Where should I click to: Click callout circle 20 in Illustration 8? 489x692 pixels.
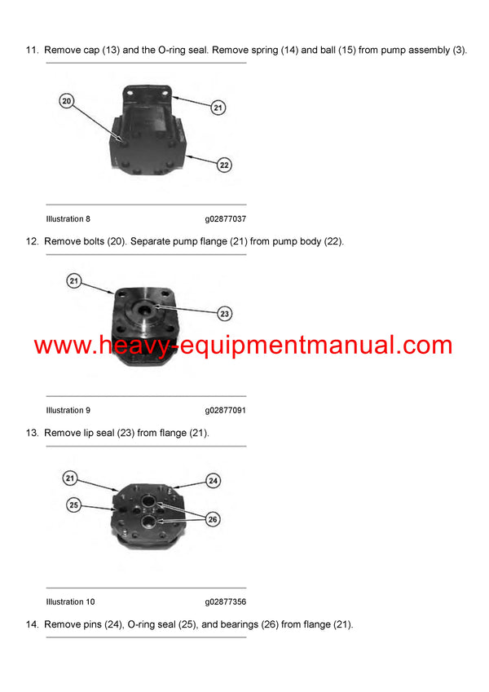[x=67, y=101]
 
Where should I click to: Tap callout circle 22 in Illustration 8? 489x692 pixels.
[x=225, y=165]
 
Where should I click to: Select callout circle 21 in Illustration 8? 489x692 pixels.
[x=218, y=107]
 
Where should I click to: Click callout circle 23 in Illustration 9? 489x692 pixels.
[x=225, y=313]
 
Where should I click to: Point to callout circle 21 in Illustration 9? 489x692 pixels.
[x=74, y=281]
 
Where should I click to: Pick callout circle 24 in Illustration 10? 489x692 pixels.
[x=213, y=481]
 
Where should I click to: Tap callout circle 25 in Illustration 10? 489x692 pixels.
[x=74, y=505]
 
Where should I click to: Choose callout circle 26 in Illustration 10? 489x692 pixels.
[x=214, y=518]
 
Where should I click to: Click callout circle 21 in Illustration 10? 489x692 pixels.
[x=71, y=478]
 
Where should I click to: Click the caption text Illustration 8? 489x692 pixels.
[x=68, y=219]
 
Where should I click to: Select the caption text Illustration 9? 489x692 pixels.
[x=68, y=411]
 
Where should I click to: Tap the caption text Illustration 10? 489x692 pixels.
[x=70, y=602]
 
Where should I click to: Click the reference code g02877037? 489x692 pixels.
[x=226, y=219]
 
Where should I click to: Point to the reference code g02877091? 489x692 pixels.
[x=226, y=411]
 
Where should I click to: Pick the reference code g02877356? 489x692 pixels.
[x=226, y=602]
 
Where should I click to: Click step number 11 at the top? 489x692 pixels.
[x=32, y=51]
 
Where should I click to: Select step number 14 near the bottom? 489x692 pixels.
[x=32, y=625]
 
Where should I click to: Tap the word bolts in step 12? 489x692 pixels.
[x=99, y=242]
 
